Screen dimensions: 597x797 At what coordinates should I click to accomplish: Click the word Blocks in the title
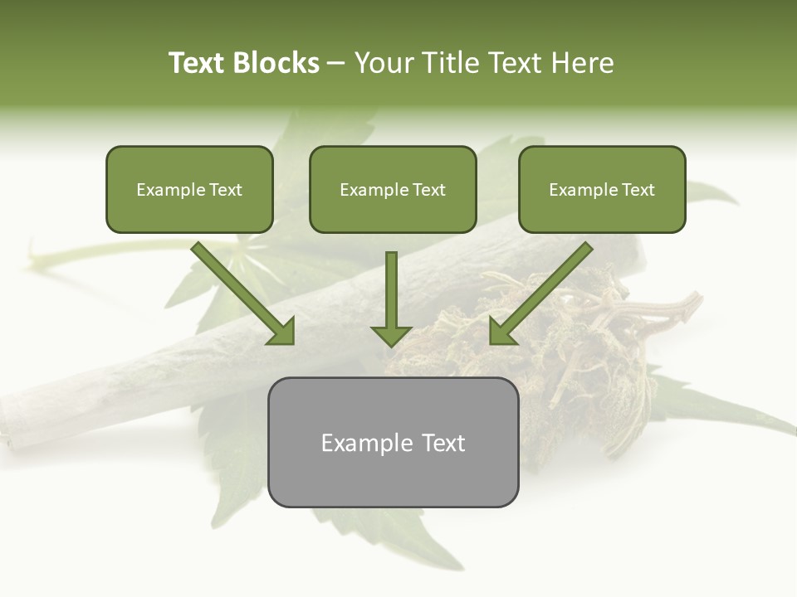276,63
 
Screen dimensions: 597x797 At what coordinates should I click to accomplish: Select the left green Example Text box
189,190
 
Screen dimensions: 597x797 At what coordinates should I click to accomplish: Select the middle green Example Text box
393,190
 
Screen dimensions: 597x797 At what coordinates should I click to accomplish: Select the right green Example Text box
602,190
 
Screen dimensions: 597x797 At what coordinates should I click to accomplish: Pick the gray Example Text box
393,442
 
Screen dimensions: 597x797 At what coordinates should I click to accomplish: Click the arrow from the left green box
241,291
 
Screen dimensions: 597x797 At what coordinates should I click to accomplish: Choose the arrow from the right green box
543,291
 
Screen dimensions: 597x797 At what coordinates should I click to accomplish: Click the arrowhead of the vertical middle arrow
391,334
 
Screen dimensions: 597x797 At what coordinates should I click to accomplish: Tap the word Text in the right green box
638,190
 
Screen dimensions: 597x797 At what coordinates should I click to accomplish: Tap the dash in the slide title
336,64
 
